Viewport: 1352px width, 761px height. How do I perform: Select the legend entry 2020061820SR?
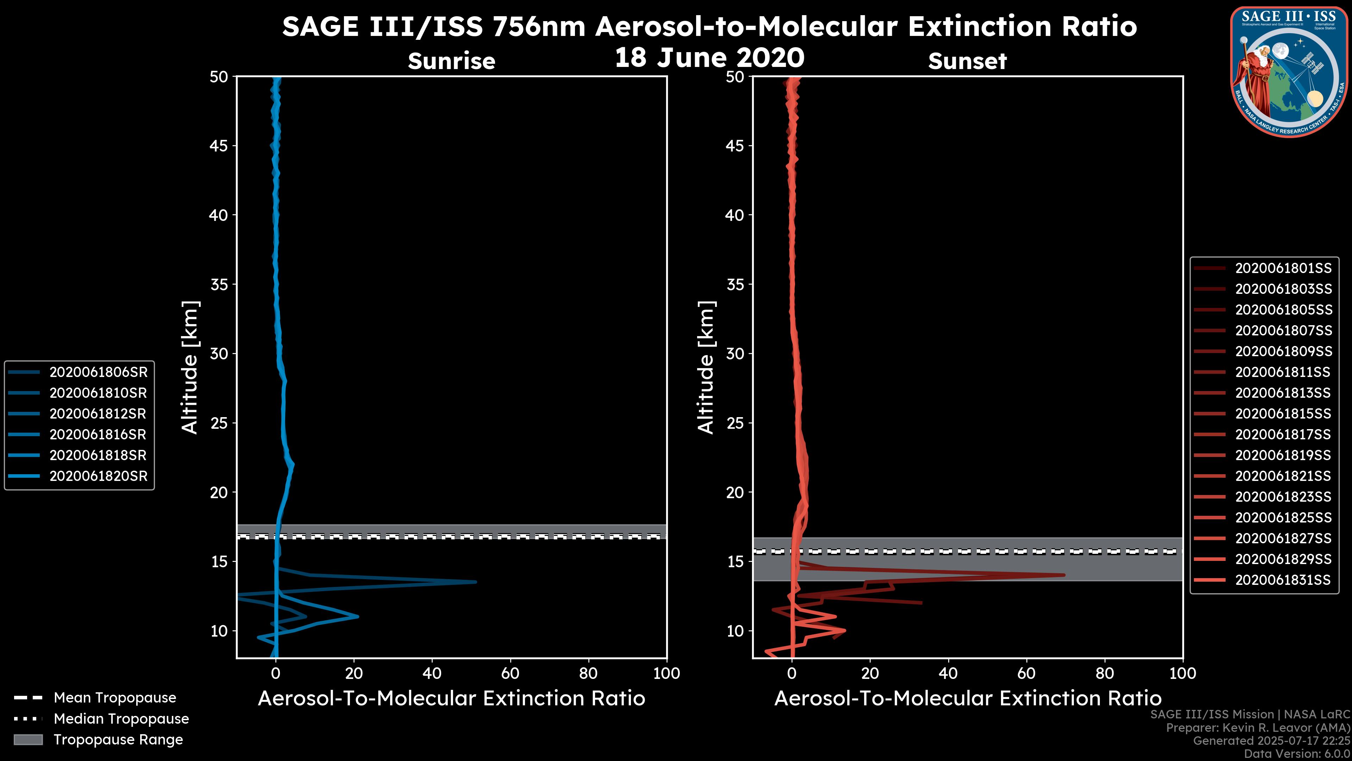tap(98, 476)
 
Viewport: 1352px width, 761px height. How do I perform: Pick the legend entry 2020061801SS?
tap(1283, 268)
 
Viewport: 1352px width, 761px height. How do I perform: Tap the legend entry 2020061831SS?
tap(1283, 580)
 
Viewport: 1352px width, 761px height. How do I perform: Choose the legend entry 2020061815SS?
tap(1283, 414)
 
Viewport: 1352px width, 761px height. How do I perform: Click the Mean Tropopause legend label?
tap(115, 698)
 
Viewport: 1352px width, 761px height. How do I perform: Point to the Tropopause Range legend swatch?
tap(28, 740)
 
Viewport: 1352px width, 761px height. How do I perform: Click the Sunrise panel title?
tap(451, 61)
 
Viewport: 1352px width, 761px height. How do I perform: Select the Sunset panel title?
tap(967, 61)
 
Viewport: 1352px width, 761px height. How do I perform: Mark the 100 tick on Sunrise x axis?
tap(666, 673)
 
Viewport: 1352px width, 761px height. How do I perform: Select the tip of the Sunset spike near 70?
tap(1064, 575)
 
